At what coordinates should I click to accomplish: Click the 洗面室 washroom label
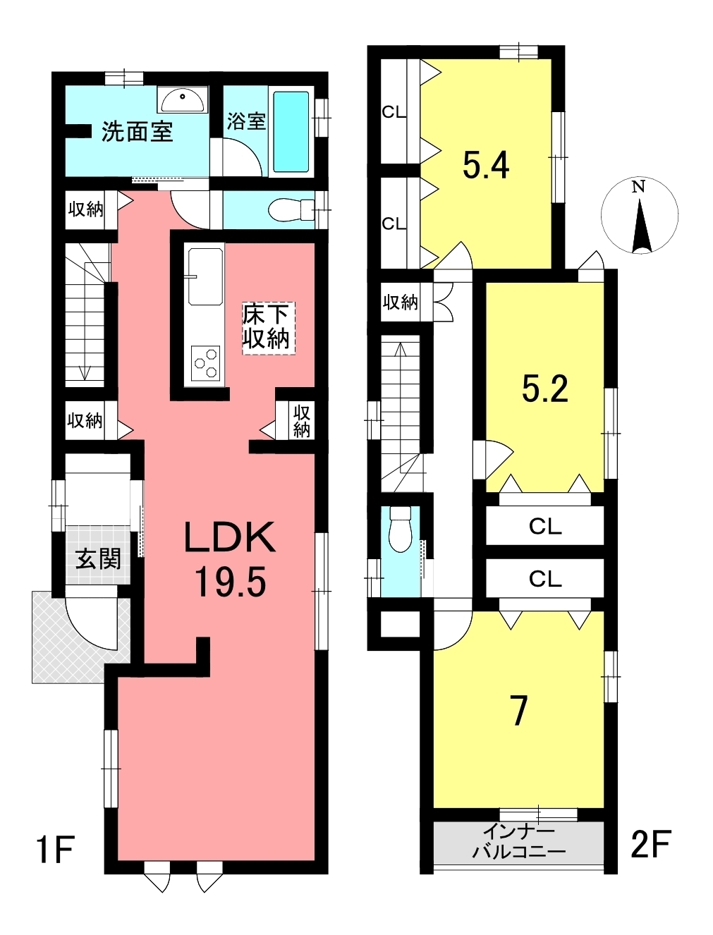tap(137, 132)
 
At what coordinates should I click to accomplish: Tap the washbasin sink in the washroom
tap(183, 100)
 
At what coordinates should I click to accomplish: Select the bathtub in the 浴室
tap(291, 132)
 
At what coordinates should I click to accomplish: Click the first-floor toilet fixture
tap(292, 209)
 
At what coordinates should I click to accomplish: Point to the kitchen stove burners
tap(206, 363)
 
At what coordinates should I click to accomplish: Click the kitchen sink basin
tap(206, 277)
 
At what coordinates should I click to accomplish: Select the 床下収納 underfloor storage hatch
tap(268, 328)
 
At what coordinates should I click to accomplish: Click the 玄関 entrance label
tap(99, 559)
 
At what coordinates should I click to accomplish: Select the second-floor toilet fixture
tap(400, 530)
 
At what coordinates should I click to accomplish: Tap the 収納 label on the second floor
tap(400, 302)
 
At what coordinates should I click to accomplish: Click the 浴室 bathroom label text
tap(245, 121)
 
